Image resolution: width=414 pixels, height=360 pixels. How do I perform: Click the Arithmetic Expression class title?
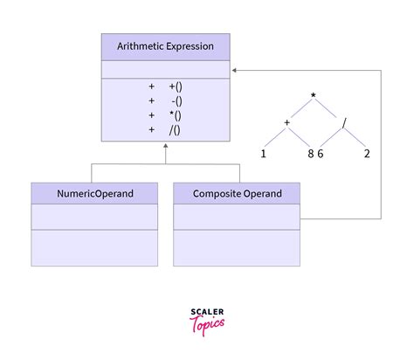tap(165, 47)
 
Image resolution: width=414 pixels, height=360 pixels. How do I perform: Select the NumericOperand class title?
tap(95, 193)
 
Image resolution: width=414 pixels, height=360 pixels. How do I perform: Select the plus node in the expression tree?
tap(286, 122)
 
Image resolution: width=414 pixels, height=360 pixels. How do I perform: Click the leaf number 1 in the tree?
tap(263, 154)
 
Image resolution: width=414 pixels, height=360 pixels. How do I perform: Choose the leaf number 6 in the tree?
tap(321, 154)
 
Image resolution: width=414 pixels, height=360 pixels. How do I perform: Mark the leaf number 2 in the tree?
tap(367, 154)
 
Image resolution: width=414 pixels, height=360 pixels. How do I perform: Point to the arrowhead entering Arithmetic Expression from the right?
tap(234, 70)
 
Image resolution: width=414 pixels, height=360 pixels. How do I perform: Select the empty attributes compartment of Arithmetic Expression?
tap(165, 69)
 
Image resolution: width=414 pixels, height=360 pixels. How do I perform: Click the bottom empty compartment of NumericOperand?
tap(95, 247)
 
